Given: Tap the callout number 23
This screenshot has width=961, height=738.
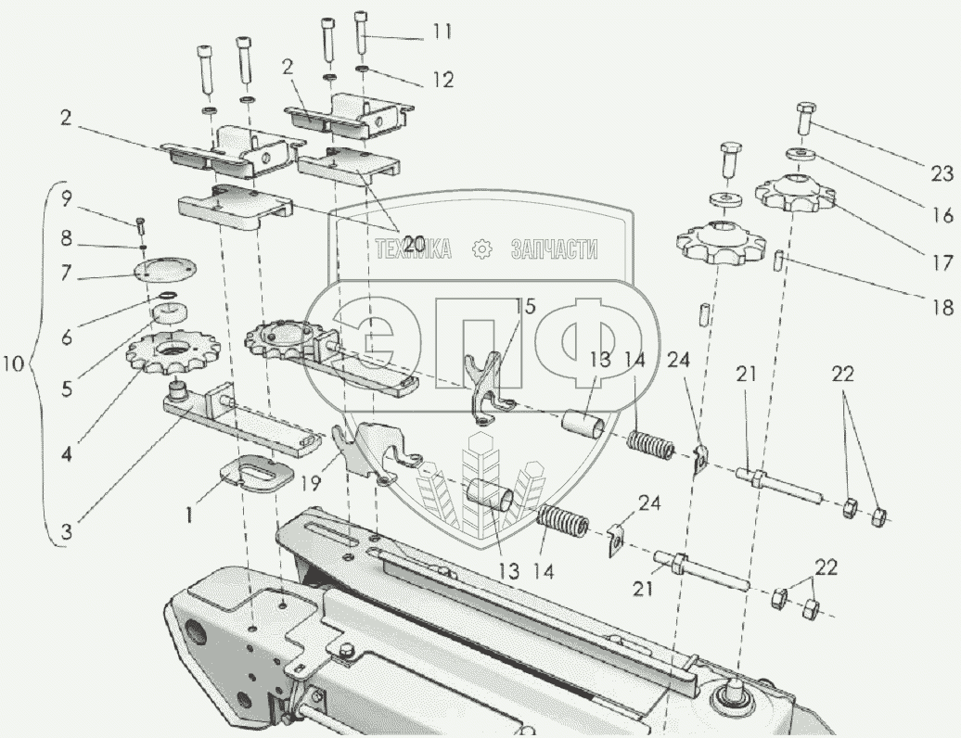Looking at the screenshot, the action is click(x=942, y=174).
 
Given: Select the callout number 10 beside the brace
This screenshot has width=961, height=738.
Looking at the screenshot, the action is click(x=13, y=363).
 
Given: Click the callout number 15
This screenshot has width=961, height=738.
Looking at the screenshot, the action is click(x=525, y=307).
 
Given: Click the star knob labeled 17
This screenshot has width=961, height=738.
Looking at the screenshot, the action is click(x=794, y=191).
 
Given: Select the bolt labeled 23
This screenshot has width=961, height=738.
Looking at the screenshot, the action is click(x=806, y=120).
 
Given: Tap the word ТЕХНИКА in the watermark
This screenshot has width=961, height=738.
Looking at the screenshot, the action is click(x=413, y=249).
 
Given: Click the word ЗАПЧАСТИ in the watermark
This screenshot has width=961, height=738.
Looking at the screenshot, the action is click(x=554, y=249).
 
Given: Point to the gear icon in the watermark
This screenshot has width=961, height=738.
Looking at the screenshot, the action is click(x=482, y=249).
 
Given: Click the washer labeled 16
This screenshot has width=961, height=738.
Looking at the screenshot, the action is click(x=799, y=152).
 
